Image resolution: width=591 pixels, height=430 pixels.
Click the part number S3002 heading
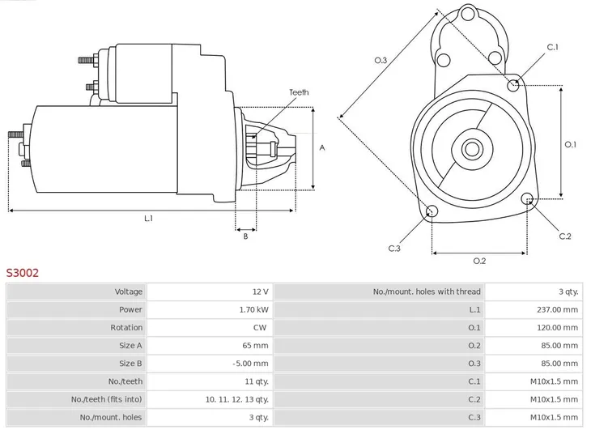(23, 273)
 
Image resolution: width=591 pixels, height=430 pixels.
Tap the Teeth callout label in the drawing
(299, 93)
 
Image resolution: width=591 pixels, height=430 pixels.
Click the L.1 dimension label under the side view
(148, 218)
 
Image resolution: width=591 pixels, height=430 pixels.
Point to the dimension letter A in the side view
(322, 147)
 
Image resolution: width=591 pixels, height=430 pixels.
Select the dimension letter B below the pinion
(245, 236)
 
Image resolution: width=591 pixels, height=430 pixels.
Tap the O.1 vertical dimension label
(570, 145)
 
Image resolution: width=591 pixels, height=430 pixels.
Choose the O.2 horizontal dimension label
(478, 260)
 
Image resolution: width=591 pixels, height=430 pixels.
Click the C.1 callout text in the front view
(552, 47)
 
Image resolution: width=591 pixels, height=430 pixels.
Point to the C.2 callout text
(565, 236)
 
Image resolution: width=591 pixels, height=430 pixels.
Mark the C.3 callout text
(394, 248)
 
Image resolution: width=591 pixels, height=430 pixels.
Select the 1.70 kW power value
(253, 309)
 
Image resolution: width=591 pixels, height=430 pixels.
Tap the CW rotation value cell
(260, 327)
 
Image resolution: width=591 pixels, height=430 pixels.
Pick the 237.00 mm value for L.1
(559, 309)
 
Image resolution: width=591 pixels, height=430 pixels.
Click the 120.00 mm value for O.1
(559, 327)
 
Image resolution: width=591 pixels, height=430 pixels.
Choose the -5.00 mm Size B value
(251, 364)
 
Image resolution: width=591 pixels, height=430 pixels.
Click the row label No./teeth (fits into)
(106, 399)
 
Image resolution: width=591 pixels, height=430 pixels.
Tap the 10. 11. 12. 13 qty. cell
(236, 399)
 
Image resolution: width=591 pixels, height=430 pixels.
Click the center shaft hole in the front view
(472, 149)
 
